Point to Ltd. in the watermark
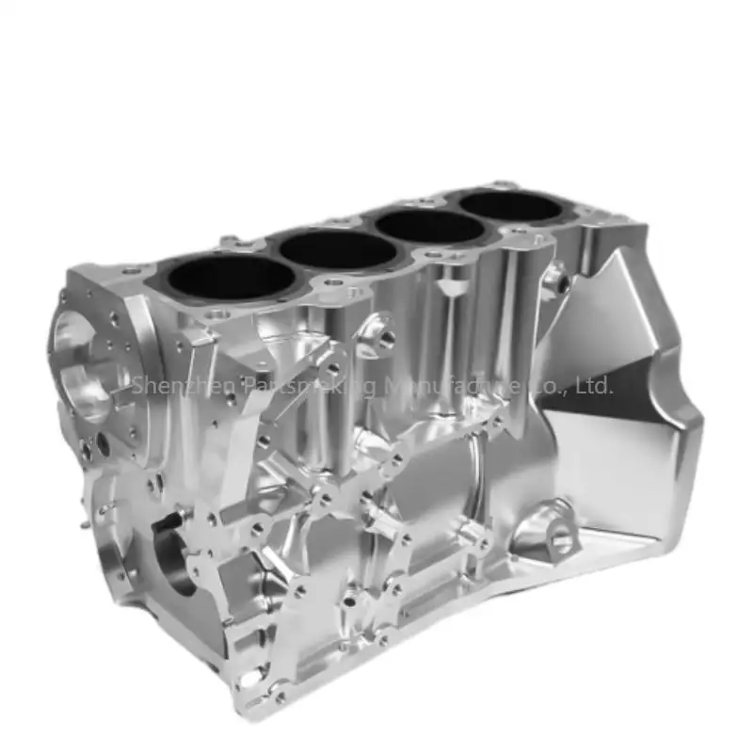tap(593, 385)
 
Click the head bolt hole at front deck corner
tap(132, 272)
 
